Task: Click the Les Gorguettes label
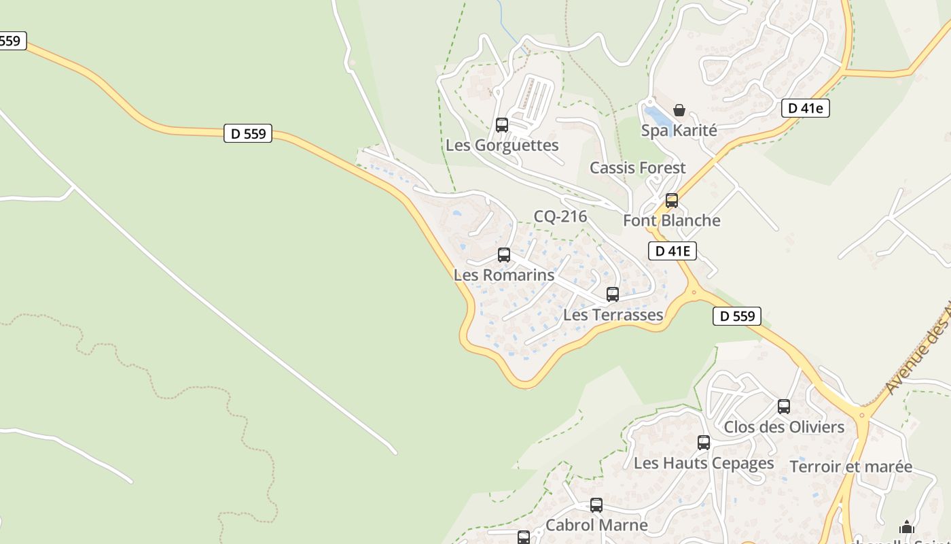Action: coord(502,146)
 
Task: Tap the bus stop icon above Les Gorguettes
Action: coord(502,125)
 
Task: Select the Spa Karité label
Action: coord(679,130)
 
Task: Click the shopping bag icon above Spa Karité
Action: coord(679,110)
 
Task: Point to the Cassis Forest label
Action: coord(637,168)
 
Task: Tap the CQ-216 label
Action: coord(560,217)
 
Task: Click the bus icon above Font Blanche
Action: coord(672,201)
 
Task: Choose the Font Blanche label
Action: coord(671,220)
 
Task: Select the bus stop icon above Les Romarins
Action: coord(504,255)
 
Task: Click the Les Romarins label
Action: coord(504,275)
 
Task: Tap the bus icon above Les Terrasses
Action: coord(613,294)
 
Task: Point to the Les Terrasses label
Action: coord(613,315)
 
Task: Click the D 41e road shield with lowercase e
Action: coord(805,108)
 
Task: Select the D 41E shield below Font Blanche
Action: coord(672,251)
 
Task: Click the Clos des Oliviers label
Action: coord(784,427)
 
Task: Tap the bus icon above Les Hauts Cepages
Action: coord(704,443)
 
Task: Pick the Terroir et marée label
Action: coord(850,466)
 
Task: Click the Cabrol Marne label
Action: coord(596,525)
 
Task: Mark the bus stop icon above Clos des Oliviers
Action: coord(784,407)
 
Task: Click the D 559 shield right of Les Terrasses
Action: coord(737,316)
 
